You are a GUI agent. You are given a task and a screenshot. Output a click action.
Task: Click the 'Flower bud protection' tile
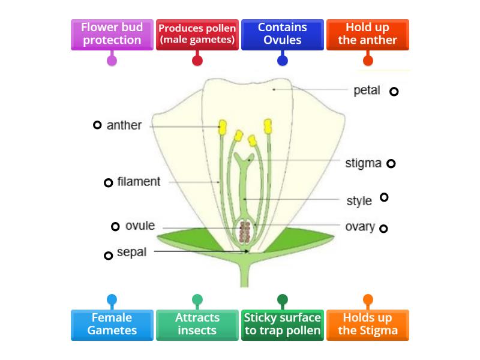112,34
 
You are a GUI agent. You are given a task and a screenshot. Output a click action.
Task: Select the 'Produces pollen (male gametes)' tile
197,34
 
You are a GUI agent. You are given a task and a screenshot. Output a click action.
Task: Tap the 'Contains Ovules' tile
282,34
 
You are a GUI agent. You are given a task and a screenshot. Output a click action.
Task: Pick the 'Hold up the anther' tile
367,34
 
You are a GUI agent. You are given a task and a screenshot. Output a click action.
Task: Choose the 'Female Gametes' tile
112,324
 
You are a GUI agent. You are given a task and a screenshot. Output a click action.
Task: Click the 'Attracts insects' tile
197,324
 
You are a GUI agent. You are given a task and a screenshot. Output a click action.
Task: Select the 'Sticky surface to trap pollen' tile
282,324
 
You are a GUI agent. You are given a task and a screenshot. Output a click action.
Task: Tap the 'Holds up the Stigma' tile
367,324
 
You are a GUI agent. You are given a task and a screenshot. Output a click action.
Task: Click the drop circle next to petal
394,92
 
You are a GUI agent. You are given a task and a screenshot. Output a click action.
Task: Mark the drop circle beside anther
97,125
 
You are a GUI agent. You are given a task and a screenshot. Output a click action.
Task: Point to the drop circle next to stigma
391,163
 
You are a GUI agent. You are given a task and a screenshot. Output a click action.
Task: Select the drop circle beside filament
108,182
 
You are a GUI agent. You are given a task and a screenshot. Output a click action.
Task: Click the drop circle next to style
384,197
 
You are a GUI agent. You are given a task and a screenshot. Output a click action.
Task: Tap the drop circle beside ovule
115,226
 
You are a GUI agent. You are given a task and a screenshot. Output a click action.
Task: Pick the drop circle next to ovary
383,228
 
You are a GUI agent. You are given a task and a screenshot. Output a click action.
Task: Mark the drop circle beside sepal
108,256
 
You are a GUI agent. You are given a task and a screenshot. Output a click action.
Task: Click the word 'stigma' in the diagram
363,163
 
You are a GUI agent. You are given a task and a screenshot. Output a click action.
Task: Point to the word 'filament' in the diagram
139,181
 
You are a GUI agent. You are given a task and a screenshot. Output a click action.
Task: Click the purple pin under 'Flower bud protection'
112,60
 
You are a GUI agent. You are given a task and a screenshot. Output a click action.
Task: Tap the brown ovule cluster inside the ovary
245,231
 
